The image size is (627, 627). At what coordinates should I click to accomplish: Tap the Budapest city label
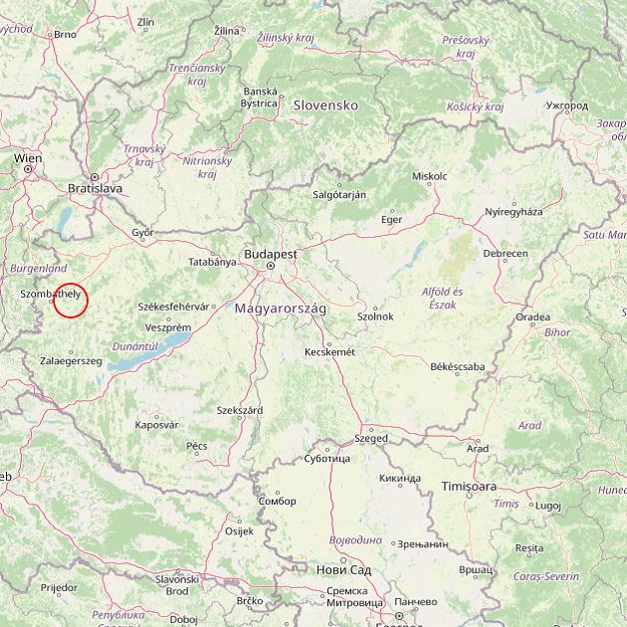[270, 254]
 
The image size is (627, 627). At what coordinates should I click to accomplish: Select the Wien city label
[28, 157]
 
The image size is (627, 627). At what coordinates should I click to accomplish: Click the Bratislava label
[95, 187]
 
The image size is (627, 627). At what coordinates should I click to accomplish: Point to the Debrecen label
[506, 254]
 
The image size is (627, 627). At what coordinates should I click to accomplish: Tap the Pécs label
[197, 446]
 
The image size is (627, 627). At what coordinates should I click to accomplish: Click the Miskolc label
[429, 176]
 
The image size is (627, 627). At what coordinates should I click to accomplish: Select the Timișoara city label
[469, 486]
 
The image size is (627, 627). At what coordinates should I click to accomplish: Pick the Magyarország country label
[281, 309]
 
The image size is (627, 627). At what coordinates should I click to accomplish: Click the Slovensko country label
[324, 104]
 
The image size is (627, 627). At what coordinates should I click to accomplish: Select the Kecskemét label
[329, 351]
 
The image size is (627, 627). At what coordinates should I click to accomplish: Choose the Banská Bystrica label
[259, 97]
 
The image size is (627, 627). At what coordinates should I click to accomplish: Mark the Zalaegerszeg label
[71, 360]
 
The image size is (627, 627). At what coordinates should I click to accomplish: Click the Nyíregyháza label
[514, 212]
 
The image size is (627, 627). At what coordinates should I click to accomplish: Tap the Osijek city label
[240, 531]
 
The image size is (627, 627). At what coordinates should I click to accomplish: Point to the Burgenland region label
[38, 269]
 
